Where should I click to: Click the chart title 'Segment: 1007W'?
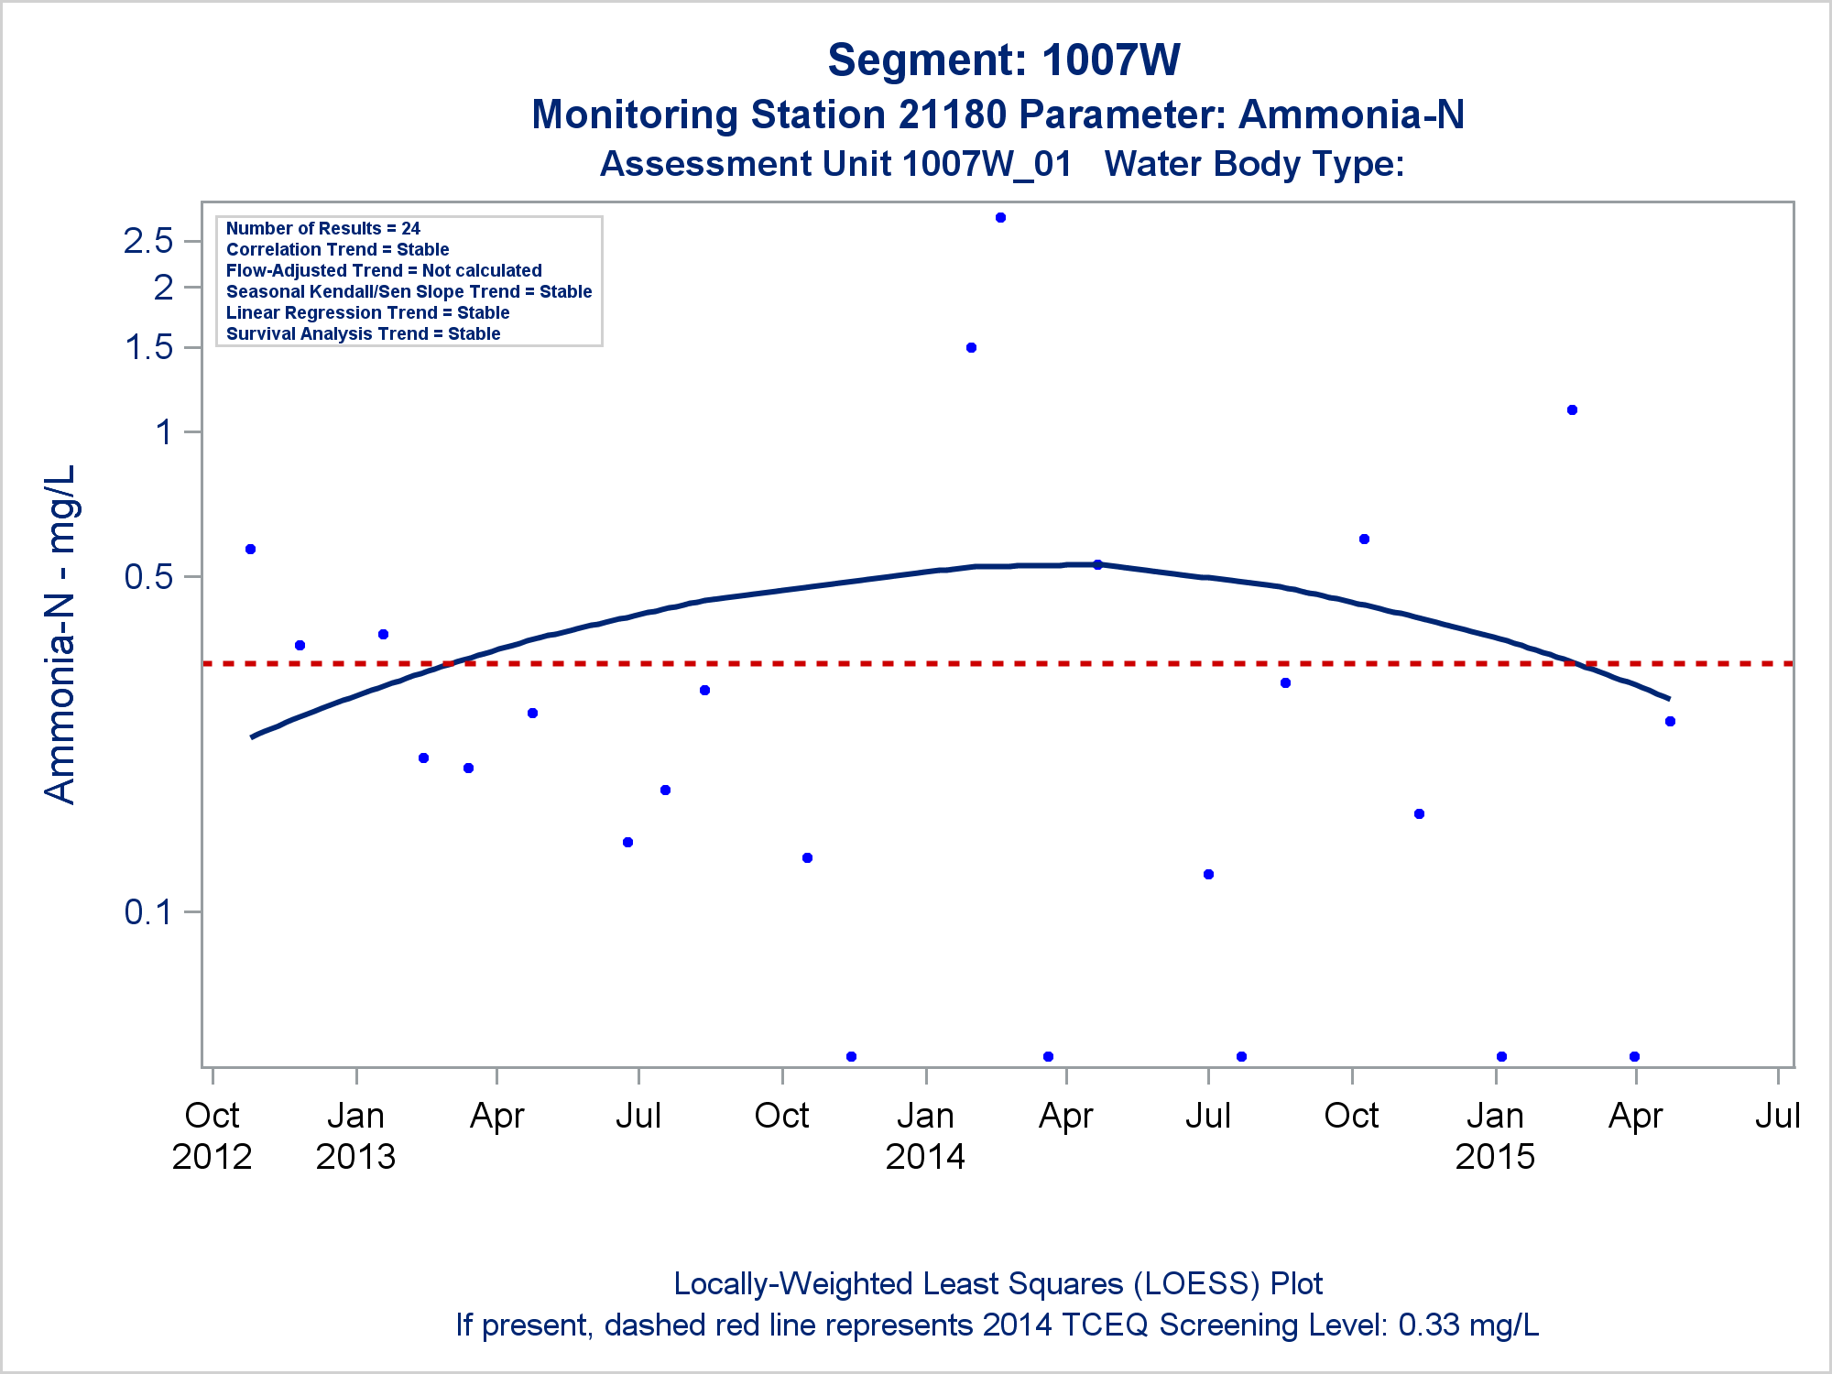pos(1004,60)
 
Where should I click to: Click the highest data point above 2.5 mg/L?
pos(1000,218)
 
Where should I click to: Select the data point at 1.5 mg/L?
pos(971,348)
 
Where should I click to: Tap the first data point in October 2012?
pos(250,550)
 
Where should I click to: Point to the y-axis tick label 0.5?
pos(148,577)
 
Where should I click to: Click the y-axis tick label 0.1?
pos(148,912)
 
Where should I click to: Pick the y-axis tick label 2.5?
pos(148,242)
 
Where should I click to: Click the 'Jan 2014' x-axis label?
pos(925,1136)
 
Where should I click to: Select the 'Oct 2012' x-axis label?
pos(212,1136)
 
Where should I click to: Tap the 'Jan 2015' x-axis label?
pos(1495,1136)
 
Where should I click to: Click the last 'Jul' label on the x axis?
pos(1777,1116)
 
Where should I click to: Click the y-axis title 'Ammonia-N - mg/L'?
pos(60,634)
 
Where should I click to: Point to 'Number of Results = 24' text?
pos(322,229)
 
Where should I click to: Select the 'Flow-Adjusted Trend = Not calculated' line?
pos(384,271)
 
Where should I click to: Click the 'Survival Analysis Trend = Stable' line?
pos(363,334)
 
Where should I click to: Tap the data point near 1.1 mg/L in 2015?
pos(1572,410)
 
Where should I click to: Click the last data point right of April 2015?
pos(1670,722)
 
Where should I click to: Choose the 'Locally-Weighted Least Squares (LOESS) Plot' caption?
pos(998,1284)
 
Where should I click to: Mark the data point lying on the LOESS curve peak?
pos(1097,564)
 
